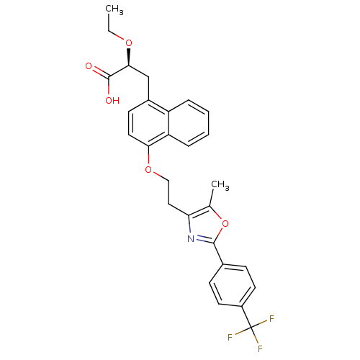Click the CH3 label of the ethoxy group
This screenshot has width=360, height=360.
tap(114, 10)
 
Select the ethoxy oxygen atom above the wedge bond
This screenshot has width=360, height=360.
tap(129, 43)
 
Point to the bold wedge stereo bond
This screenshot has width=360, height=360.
tap(129, 57)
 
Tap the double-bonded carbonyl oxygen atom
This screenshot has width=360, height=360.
tap(89, 66)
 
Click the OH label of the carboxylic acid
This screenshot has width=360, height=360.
tap(112, 100)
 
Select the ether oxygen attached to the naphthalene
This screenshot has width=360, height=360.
tap(148, 170)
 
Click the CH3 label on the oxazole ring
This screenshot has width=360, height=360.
tap(220, 186)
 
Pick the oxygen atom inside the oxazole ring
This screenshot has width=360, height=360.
tap(225, 224)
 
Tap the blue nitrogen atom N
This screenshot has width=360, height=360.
tap(191, 239)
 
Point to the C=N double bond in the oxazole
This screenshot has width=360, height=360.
tap(204, 239)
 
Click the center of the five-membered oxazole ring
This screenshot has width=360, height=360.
tap(206, 226)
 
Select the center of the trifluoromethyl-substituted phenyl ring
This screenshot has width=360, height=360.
tap(232, 285)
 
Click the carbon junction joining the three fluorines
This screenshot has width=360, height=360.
tap(251, 328)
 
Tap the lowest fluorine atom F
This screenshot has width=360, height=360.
tap(260, 348)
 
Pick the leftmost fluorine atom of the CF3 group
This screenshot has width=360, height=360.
tap(230, 337)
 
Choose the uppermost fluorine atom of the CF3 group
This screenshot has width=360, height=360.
tap(271, 319)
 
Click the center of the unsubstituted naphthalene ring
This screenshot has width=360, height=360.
tap(189, 123)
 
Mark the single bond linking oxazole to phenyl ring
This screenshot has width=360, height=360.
tap(218, 253)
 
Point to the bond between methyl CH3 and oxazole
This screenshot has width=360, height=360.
tap(211, 197)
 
